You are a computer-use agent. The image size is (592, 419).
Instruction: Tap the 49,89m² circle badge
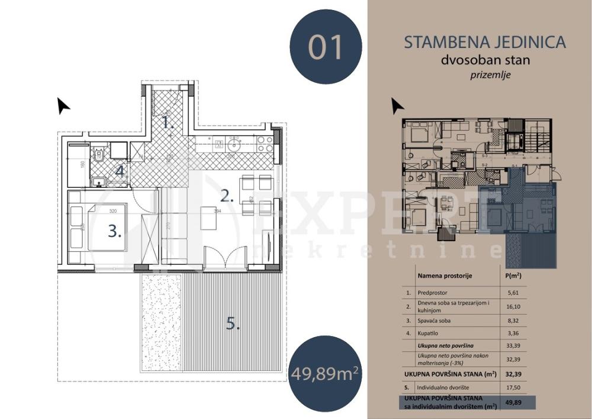[325, 373]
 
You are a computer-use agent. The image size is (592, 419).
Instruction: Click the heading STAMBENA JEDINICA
[484, 42]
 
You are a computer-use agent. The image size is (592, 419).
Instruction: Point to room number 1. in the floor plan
[168, 123]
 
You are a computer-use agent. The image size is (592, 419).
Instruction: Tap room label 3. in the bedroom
[115, 231]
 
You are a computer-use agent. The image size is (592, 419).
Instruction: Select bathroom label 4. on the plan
[120, 172]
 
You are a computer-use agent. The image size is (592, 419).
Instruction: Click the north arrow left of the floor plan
[63, 105]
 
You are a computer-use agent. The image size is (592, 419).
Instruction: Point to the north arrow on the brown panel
[397, 105]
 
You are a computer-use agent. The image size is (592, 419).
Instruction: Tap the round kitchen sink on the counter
[235, 143]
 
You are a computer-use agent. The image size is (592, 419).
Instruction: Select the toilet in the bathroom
[101, 156]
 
